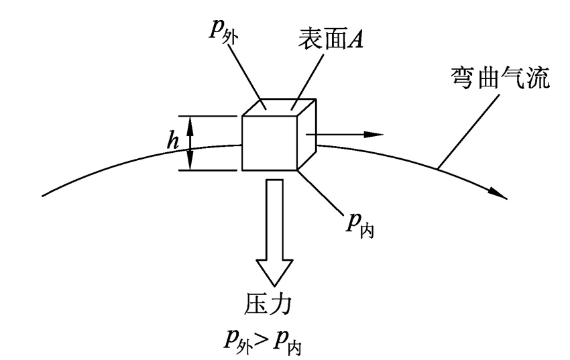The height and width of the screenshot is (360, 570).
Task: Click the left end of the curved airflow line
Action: [x=44, y=196]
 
